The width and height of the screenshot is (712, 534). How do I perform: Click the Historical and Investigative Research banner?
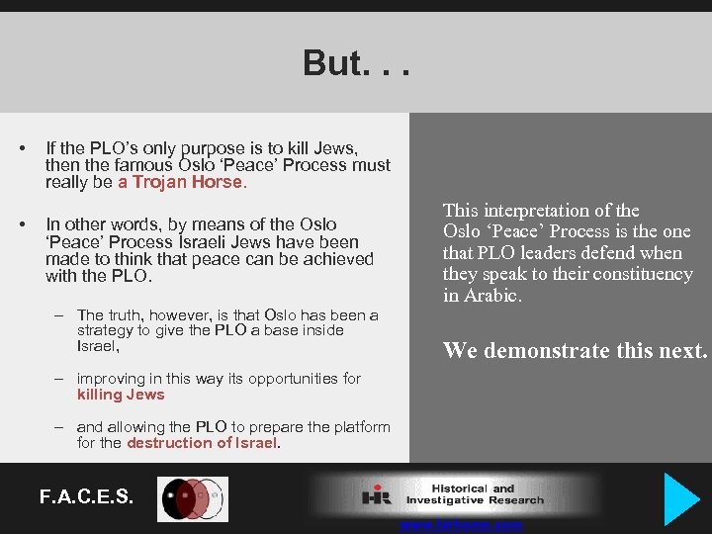coord(454,494)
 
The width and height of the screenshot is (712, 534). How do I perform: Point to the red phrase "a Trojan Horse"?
coord(181,182)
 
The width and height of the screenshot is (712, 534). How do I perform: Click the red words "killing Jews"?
coord(121,395)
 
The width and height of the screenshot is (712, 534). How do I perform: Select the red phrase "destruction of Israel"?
coord(203,443)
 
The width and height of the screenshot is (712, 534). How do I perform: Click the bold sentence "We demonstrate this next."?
coord(575,350)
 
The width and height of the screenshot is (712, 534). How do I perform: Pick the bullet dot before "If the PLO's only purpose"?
coord(22,148)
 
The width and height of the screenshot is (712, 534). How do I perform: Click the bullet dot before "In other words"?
coord(22,224)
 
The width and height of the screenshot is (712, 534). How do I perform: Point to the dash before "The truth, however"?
coord(59,314)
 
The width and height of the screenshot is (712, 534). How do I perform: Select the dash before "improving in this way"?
coord(59,379)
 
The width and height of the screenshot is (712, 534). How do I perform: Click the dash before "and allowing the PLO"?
coord(59,427)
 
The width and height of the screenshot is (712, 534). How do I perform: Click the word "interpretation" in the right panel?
coord(534,210)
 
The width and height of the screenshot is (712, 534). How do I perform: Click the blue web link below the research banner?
coord(461,526)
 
